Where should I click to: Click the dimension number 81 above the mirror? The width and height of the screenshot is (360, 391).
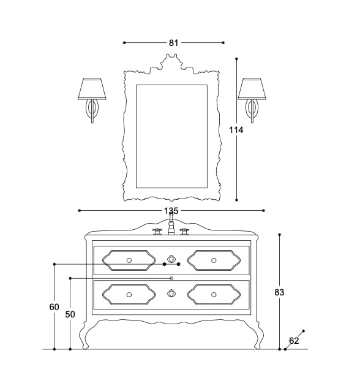[173, 43]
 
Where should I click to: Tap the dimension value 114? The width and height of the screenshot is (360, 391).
[236, 130]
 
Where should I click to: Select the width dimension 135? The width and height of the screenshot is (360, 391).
[171, 211]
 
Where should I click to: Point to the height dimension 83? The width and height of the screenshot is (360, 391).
[279, 293]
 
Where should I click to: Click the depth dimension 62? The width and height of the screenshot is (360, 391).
[294, 341]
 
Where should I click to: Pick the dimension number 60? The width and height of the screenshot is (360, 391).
[54, 307]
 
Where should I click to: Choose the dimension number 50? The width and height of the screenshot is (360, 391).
[70, 314]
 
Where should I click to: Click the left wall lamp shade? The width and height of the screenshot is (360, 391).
[92, 89]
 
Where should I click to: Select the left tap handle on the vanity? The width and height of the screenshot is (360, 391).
[157, 232]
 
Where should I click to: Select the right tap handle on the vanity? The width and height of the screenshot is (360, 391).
[184, 232]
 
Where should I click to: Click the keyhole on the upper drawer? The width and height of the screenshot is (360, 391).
[171, 258]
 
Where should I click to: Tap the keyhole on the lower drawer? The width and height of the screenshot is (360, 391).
[171, 294]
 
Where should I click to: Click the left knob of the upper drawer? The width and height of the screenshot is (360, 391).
[129, 260]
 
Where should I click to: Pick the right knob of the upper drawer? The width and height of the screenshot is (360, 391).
[214, 260]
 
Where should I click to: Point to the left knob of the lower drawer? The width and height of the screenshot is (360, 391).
[129, 295]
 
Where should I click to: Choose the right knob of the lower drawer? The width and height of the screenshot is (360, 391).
[214, 295]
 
